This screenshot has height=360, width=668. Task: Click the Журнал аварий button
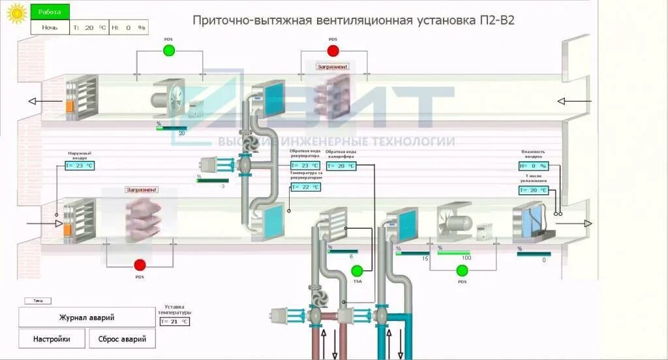tap(87, 318)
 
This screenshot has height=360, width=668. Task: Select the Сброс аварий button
tap(123, 339)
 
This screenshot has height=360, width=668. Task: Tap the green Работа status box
tap(50, 12)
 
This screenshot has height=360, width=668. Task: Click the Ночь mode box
tap(50, 27)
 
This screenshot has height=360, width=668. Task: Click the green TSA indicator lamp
tap(357, 271)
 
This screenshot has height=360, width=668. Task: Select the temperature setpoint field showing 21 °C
tap(174, 322)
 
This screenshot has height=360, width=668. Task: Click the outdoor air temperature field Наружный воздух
tap(80, 166)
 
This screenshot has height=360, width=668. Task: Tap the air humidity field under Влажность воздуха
tap(534, 166)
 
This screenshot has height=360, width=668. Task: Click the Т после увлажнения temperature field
tap(534, 190)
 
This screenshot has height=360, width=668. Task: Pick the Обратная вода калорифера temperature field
tap(341, 166)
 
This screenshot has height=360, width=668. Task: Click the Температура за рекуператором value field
tap(305, 187)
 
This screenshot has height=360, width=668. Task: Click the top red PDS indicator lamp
tap(333, 50)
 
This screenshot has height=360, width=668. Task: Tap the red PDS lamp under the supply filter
tap(140, 265)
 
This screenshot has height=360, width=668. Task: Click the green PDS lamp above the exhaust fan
tap(169, 50)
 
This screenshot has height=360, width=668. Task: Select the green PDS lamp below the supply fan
tap(463, 271)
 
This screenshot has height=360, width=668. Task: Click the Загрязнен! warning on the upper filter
tap(333, 67)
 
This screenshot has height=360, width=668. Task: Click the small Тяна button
tap(38, 301)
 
